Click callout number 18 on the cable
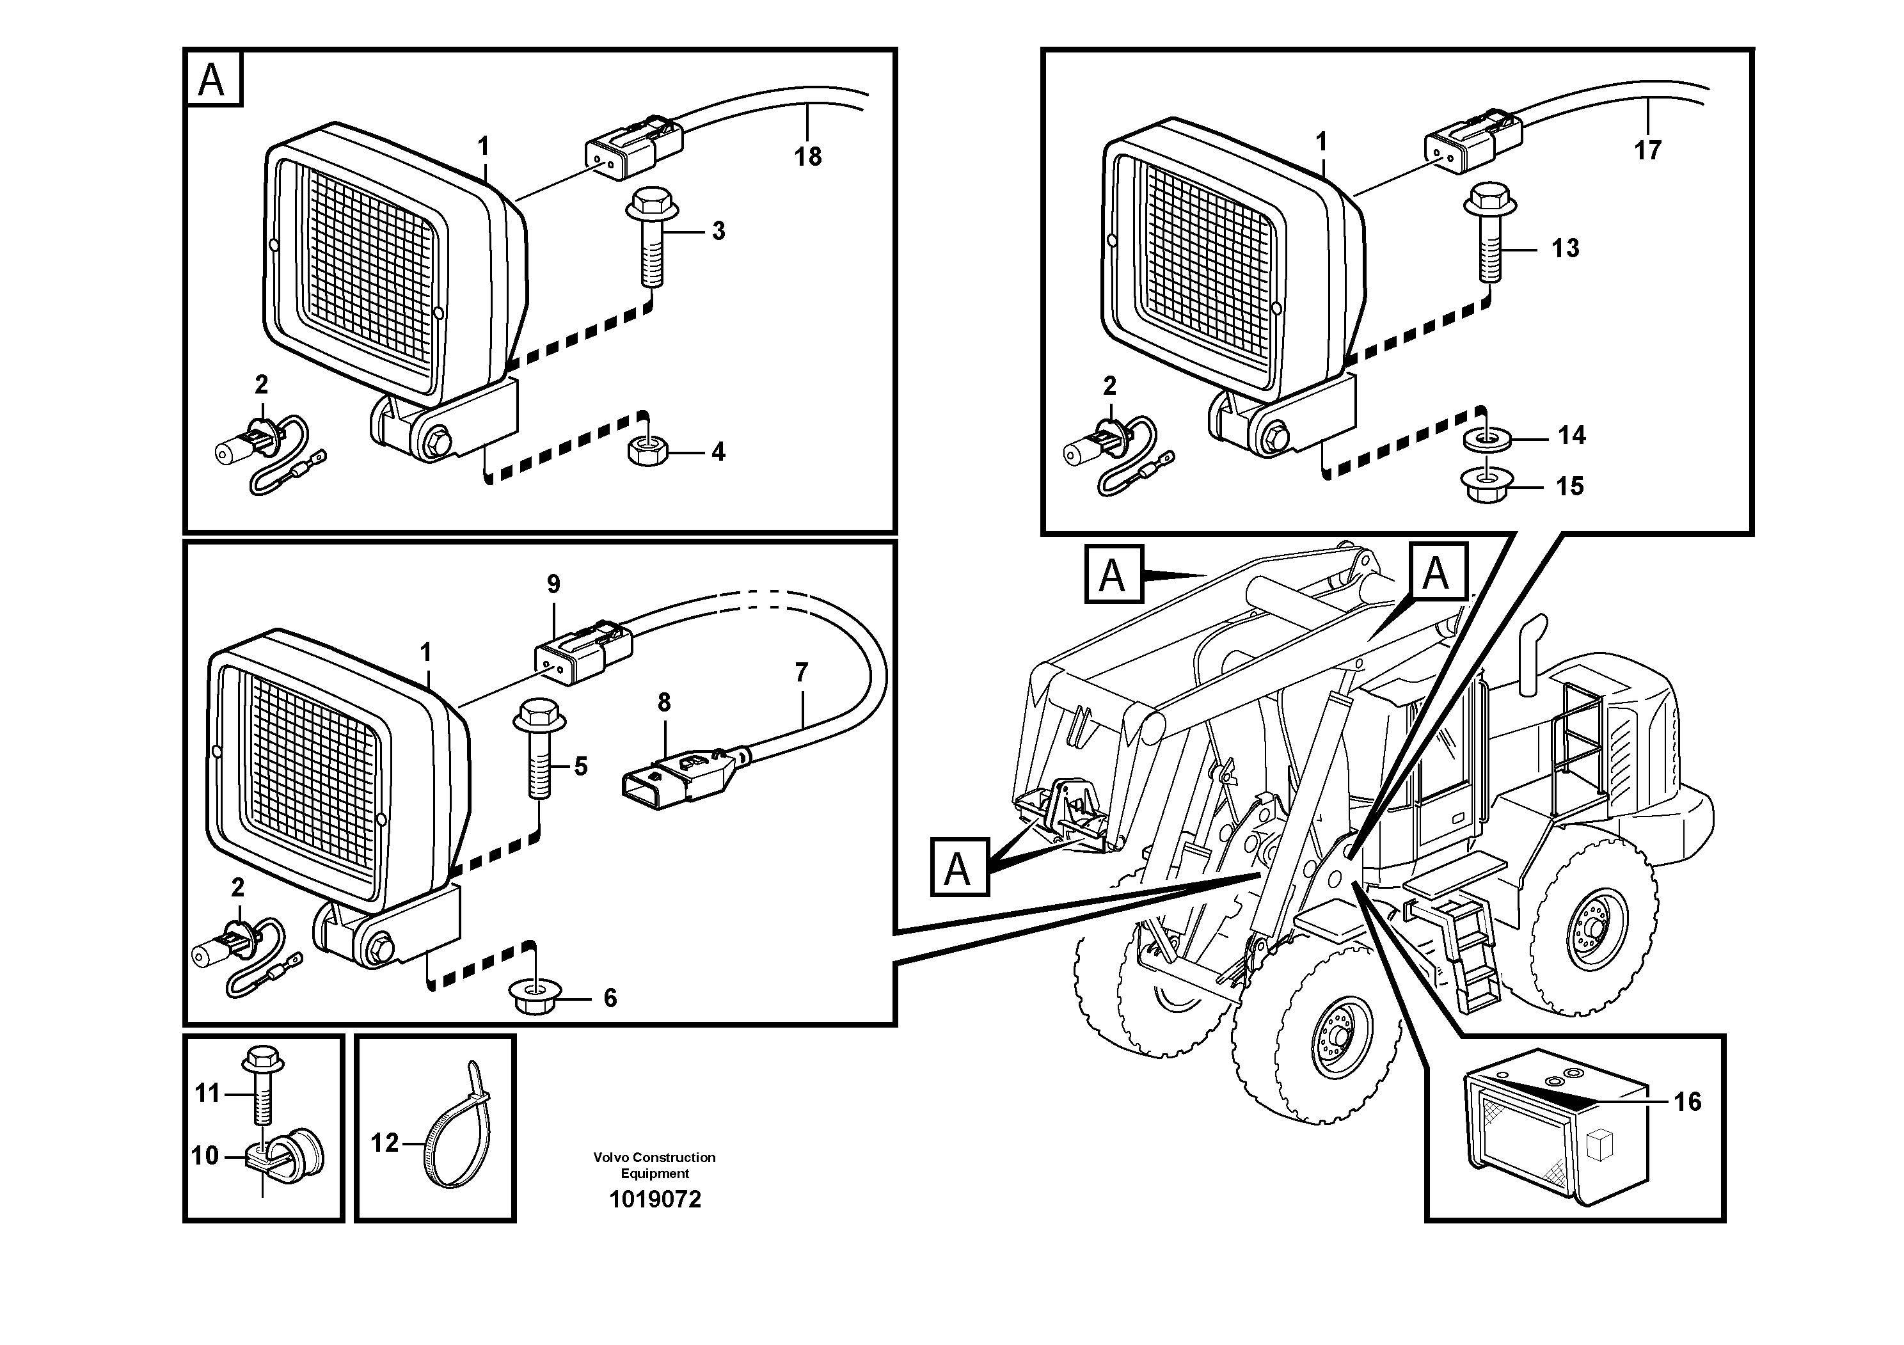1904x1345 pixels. [807, 157]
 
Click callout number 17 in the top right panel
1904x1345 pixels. [1647, 151]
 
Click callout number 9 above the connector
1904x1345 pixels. [553, 585]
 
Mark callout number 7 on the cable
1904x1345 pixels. [800, 672]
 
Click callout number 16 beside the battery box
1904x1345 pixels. [1686, 1102]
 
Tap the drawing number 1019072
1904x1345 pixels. [655, 1200]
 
